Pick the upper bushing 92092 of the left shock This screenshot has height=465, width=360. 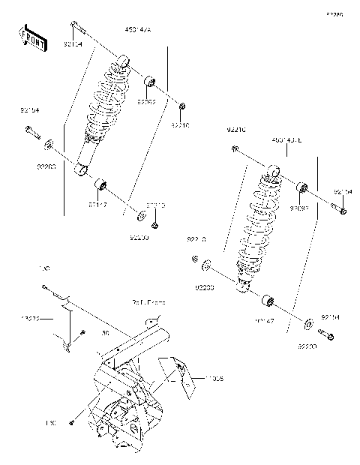point(149,80)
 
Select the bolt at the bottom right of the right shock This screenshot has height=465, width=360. point(326,332)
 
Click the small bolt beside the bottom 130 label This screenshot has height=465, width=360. point(70,423)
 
